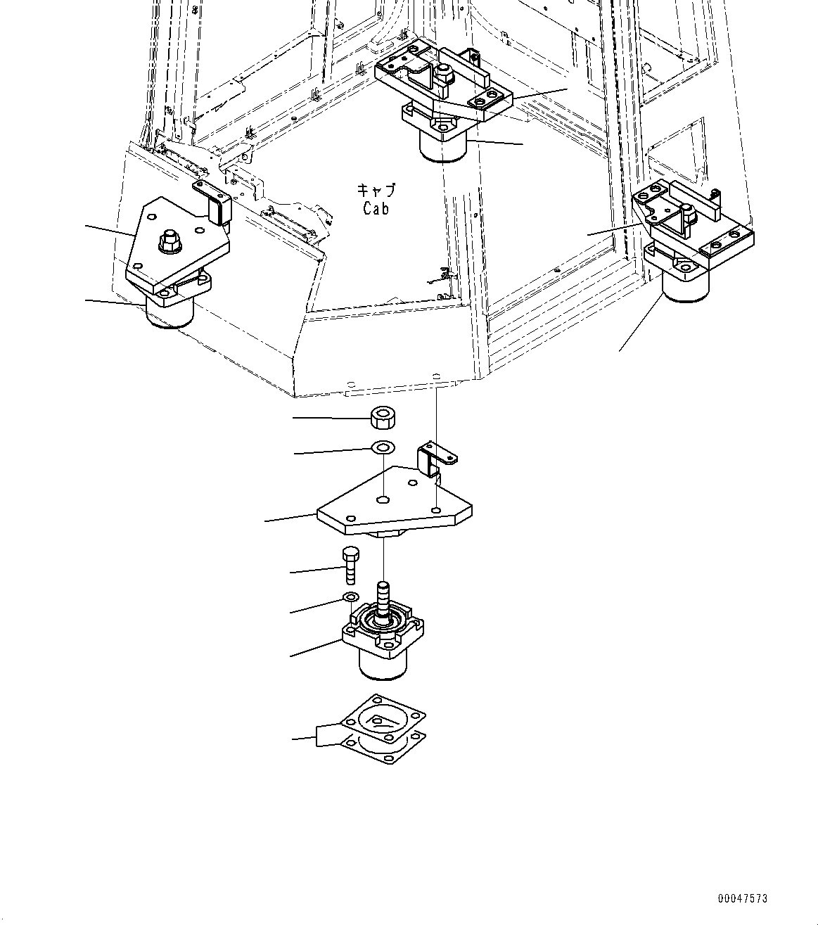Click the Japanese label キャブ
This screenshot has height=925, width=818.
[x=376, y=191]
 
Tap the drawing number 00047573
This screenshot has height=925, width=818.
[x=743, y=898]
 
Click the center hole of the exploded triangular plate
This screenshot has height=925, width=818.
[x=383, y=499]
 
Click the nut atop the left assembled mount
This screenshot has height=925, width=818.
[x=170, y=241]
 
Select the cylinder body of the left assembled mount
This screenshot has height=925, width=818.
[x=169, y=313]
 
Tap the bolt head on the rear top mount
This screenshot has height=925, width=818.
[x=444, y=73]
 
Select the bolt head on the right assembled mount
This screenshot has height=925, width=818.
[x=686, y=210]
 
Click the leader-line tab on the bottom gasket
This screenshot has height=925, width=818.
[x=328, y=735]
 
